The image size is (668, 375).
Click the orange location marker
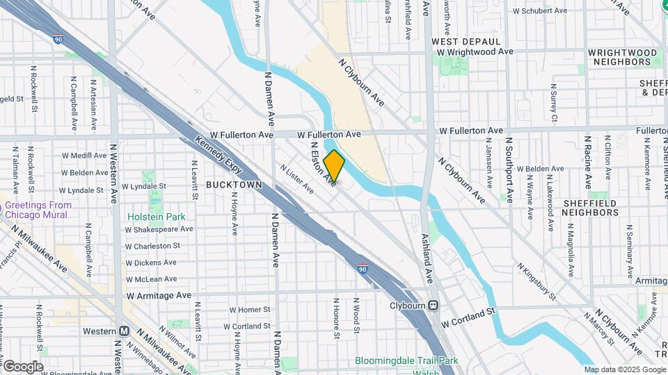334,166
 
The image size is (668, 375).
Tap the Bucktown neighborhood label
234,185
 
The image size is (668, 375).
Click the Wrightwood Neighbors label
621,57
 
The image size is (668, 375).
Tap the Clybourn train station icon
433,305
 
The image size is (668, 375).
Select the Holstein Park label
157,217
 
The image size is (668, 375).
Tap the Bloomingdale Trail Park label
407,360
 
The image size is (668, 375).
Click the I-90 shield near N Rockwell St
58,40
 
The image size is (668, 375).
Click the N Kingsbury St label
535,281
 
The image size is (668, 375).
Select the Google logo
22,366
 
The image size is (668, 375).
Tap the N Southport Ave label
509,169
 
